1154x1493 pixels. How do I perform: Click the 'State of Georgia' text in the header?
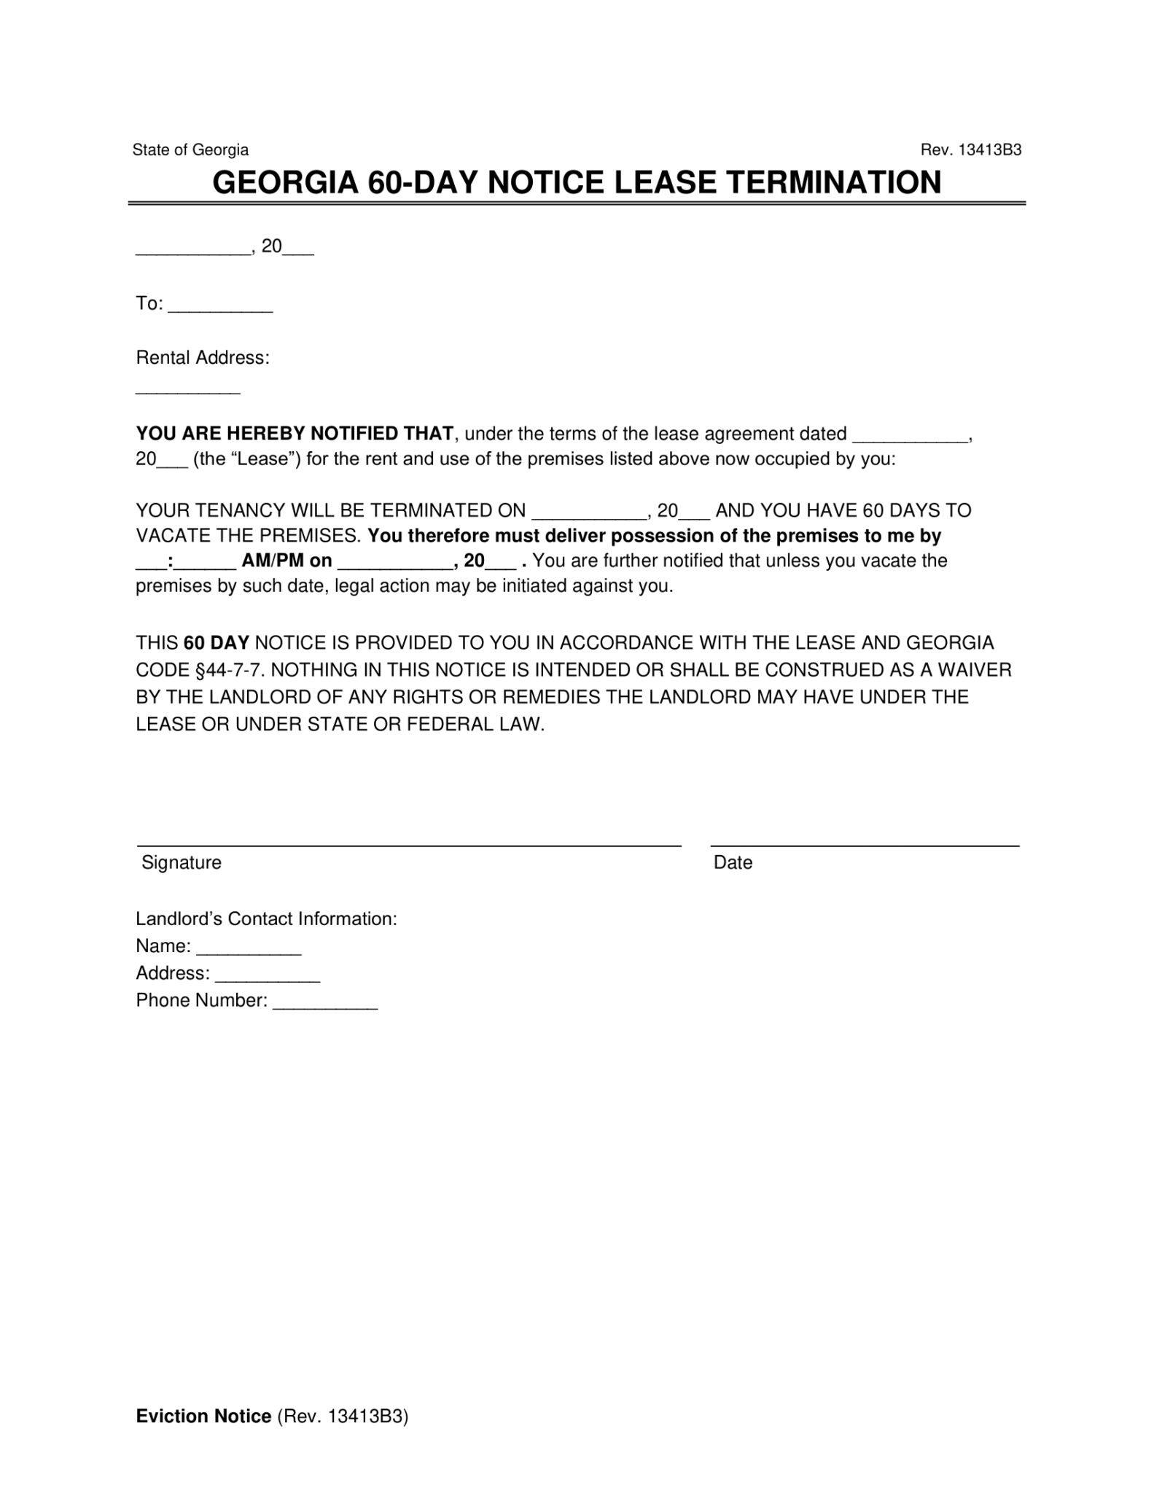pos(190,150)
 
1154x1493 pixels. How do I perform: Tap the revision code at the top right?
pos(970,150)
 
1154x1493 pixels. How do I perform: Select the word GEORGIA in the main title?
pos(284,182)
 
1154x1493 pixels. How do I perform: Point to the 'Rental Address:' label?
pos(203,358)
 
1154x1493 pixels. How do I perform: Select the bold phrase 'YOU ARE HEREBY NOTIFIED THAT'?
pos(295,434)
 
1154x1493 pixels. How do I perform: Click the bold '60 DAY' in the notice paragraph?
pos(217,643)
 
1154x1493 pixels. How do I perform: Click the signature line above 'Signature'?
pos(409,845)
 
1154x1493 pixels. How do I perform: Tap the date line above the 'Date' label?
pos(865,845)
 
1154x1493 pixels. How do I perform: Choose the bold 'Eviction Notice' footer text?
pos(203,1416)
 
